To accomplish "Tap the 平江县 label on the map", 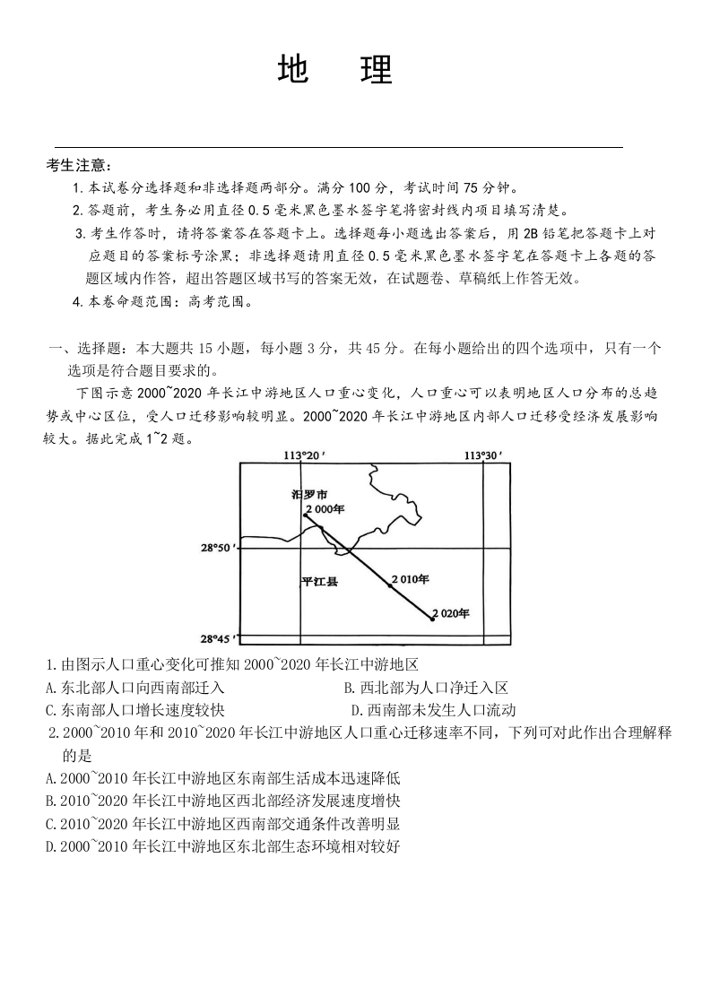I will [320, 582].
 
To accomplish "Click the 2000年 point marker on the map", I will [306, 515].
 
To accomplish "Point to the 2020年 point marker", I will [432, 619].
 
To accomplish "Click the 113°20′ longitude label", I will [303, 455].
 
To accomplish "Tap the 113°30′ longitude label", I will [482, 455].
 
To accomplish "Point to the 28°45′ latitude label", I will [218, 639].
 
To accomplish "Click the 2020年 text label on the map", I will [452, 613].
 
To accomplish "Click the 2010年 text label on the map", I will [411, 579].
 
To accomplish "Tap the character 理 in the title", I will [377, 70].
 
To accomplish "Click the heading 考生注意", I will [79, 165].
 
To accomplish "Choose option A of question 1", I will [134, 688].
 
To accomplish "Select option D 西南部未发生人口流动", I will [433, 710].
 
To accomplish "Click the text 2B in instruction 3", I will [531, 233].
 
